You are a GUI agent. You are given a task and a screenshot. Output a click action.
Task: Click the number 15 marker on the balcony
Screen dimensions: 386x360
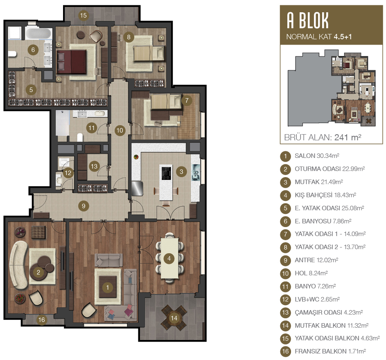83,15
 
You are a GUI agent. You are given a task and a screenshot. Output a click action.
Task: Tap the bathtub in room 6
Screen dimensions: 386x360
38,34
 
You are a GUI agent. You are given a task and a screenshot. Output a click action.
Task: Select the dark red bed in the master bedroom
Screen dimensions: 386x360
72,62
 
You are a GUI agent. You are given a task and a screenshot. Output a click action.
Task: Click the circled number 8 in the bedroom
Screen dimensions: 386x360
129,37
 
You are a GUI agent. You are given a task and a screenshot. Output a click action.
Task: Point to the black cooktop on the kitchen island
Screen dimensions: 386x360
166,173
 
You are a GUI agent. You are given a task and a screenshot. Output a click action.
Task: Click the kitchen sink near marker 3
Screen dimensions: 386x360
196,172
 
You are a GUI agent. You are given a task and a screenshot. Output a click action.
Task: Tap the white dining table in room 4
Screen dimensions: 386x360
169,258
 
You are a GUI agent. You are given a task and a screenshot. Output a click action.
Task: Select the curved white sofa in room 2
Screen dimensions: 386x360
18,265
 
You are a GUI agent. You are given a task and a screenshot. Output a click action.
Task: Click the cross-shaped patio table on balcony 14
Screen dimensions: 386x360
174,318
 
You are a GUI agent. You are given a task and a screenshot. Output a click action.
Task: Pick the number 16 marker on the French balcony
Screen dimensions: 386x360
42,319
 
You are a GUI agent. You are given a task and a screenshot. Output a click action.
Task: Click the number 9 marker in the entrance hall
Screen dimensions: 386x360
84,206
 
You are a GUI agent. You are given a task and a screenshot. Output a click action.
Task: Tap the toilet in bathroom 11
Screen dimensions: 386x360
80,137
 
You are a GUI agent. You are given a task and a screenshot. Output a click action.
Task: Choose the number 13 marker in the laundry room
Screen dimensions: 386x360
94,166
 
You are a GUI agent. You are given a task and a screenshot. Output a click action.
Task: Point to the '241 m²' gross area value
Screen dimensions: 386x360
348,137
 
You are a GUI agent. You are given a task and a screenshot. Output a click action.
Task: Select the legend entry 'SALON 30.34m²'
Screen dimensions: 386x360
317,156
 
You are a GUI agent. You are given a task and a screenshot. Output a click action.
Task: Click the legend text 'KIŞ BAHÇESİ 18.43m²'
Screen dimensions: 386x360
325,195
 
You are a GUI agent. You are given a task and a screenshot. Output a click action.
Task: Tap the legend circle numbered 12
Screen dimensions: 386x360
285,299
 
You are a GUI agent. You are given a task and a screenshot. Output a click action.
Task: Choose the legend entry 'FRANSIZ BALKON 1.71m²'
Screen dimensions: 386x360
330,351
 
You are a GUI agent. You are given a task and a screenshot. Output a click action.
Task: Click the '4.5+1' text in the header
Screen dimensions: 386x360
343,37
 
